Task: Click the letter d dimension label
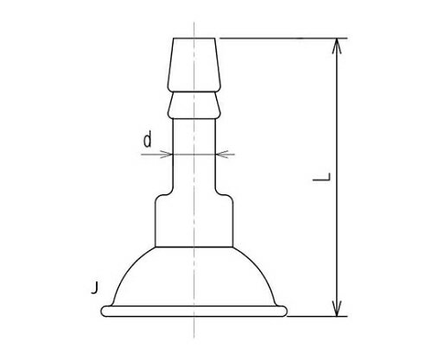[148, 140]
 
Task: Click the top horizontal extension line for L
[276, 38]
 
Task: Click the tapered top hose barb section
[194, 65]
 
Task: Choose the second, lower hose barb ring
[194, 105]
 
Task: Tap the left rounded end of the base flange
[105, 309]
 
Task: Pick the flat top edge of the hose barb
[194, 38]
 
